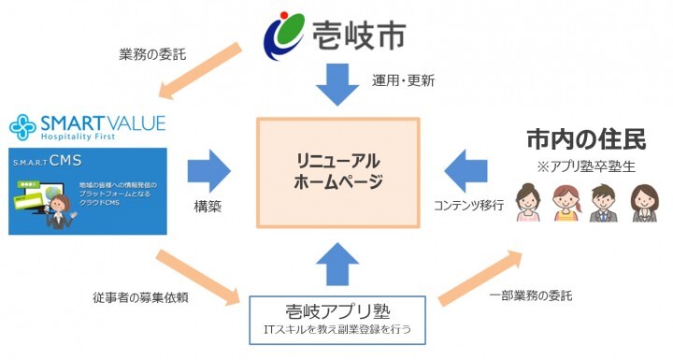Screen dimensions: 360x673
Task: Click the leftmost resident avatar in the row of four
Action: pos(529,204)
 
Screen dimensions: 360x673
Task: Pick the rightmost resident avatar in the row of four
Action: pos(642,204)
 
